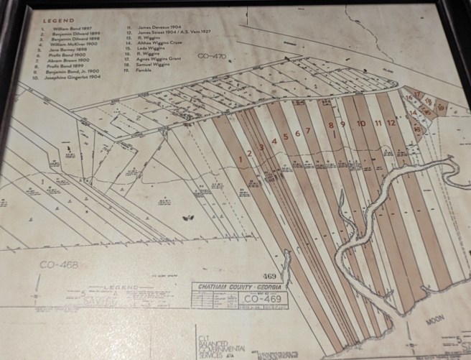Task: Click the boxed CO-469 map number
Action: pyautogui.click(x=266, y=296)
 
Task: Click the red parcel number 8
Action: pyautogui.click(x=331, y=125)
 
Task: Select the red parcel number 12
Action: pyautogui.click(x=391, y=123)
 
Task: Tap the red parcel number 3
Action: pyautogui.click(x=262, y=147)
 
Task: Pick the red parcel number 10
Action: pyautogui.click(x=360, y=124)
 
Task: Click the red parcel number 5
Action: pyautogui.click(x=286, y=137)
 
